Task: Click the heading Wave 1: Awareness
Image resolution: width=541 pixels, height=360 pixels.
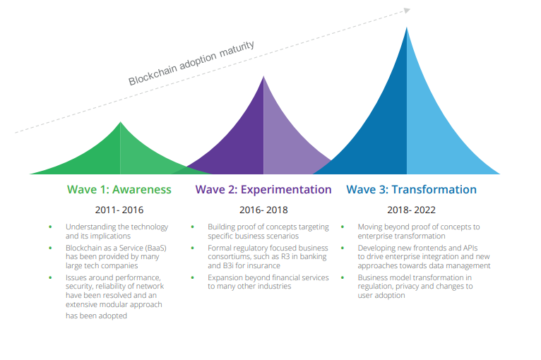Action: [x=119, y=189]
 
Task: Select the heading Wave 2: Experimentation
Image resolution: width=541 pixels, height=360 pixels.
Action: [x=263, y=189]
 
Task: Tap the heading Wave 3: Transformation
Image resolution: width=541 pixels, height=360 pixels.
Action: [x=411, y=189]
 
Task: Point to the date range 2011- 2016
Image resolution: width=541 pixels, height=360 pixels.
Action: [x=119, y=210]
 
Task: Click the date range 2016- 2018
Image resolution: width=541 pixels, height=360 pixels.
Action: [x=263, y=210]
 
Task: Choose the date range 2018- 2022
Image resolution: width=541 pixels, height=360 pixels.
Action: [x=411, y=210]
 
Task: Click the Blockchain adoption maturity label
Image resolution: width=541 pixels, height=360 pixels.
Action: [x=191, y=64]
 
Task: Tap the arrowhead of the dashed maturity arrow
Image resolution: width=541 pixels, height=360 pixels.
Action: [x=407, y=10]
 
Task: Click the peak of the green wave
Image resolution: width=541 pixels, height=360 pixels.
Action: [x=120, y=124]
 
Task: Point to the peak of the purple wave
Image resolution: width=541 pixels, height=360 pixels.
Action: [x=263, y=77]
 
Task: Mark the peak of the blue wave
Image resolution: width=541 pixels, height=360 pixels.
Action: [x=407, y=28]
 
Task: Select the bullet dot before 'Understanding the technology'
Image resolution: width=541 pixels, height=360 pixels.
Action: [x=50, y=227]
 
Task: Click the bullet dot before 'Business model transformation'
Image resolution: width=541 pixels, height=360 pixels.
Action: [x=343, y=278]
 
